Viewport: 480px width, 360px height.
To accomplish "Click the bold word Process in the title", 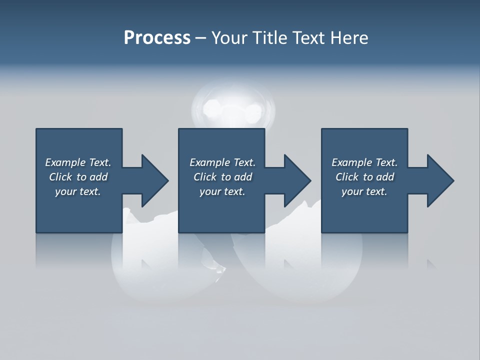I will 157,38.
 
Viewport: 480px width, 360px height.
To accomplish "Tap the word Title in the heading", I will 269,38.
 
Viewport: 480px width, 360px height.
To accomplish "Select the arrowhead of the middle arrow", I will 297,180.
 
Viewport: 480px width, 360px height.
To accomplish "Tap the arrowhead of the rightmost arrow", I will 440,180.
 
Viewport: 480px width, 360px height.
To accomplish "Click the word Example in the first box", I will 65,162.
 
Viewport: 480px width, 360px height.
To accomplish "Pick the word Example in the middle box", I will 209,162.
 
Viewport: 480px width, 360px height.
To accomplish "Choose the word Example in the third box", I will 351,162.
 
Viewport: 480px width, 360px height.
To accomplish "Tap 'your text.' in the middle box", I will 222,191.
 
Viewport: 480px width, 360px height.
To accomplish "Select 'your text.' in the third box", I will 364,191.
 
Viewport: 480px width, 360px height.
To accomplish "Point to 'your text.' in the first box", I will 77,191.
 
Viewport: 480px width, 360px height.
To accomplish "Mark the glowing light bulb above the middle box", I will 234,107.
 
